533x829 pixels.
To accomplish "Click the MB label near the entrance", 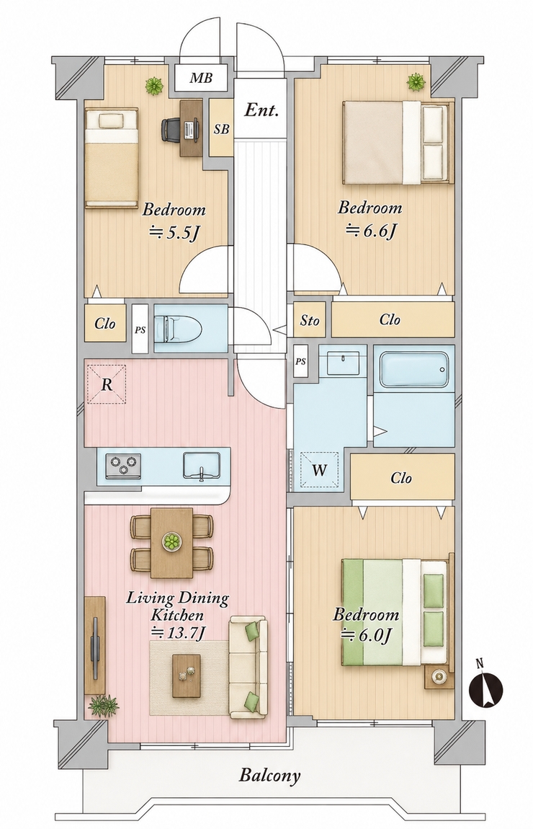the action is tap(201, 79).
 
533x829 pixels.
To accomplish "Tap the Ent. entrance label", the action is tap(261, 110).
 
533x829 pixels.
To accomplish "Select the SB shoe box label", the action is tap(221, 128).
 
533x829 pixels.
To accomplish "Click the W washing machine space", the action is tap(318, 470).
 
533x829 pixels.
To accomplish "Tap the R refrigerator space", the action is tap(106, 384).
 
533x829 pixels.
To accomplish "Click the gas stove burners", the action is tap(124, 466).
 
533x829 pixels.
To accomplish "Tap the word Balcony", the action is tap(269, 776).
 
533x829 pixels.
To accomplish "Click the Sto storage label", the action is tap(310, 320).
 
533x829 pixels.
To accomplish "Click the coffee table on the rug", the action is tap(187, 675).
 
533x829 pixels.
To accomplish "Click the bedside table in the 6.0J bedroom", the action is tap(439, 676).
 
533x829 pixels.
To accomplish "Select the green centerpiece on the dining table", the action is tap(171, 541).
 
